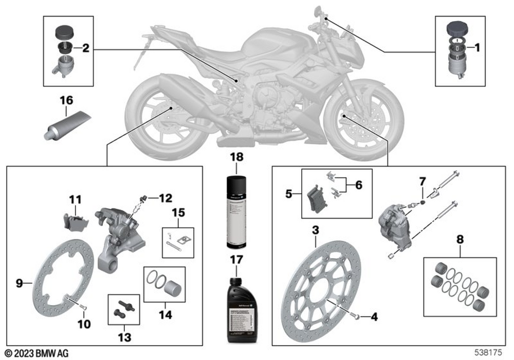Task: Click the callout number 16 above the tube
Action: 67,99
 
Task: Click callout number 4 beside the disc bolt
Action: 374,317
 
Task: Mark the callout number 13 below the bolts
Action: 124,337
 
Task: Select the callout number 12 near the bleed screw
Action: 166,197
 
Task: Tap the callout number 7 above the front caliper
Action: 422,182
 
